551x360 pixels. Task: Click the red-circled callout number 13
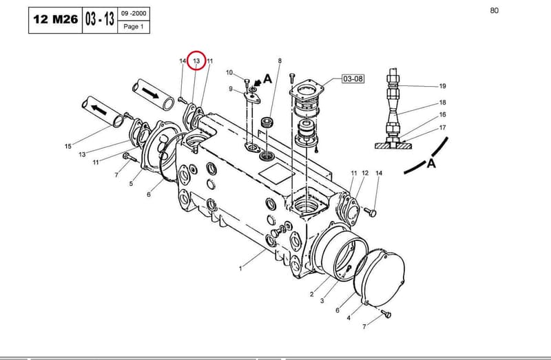coord(196,61)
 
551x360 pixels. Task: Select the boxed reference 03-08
coord(353,78)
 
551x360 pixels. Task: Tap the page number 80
coord(494,10)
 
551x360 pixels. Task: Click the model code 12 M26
coord(56,19)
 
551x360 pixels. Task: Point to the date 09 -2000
coord(134,13)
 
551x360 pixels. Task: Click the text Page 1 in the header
coord(134,26)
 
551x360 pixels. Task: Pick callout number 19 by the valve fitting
coord(442,86)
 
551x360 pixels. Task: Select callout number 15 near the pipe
coord(68,146)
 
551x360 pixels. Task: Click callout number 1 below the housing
coord(240,268)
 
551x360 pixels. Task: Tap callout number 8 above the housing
coord(280,61)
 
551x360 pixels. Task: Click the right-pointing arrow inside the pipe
coord(150,93)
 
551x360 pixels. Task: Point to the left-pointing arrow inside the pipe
coord(98,110)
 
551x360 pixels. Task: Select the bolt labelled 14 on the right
coord(370,213)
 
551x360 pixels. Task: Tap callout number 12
coord(365,173)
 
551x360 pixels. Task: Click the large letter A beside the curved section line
coord(431,163)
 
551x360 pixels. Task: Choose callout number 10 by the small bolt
coord(229,73)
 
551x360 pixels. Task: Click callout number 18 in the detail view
coord(442,103)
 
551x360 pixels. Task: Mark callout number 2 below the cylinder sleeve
coord(312,295)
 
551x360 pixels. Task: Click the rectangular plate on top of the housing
coord(277,173)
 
